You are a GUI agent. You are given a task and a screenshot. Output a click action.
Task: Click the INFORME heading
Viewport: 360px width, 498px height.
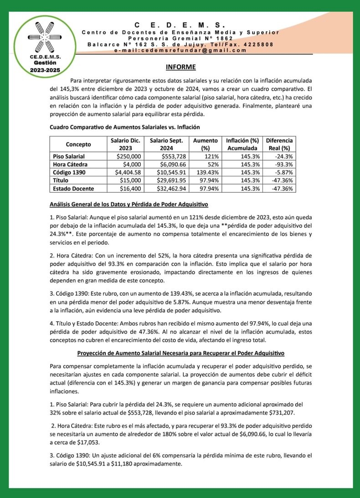tap(180, 67)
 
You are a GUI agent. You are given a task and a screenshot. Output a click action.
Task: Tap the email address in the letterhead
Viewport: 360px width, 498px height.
tap(180, 51)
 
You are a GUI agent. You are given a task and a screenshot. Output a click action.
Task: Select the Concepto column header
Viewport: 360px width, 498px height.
tap(78, 144)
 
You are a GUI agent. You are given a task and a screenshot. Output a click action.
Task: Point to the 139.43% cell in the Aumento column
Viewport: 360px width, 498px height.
tap(206, 172)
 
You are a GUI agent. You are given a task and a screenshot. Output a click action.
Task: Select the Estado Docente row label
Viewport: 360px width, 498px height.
tap(73, 188)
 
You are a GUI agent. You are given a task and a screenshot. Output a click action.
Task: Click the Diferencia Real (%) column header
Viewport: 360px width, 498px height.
tap(279, 144)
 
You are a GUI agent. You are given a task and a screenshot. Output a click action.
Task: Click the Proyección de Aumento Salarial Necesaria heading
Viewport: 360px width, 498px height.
tap(180, 353)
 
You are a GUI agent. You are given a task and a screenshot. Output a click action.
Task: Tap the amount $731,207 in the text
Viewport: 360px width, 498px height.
tap(266, 413)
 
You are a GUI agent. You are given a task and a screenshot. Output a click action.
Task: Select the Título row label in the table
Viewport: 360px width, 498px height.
tap(61, 180)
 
